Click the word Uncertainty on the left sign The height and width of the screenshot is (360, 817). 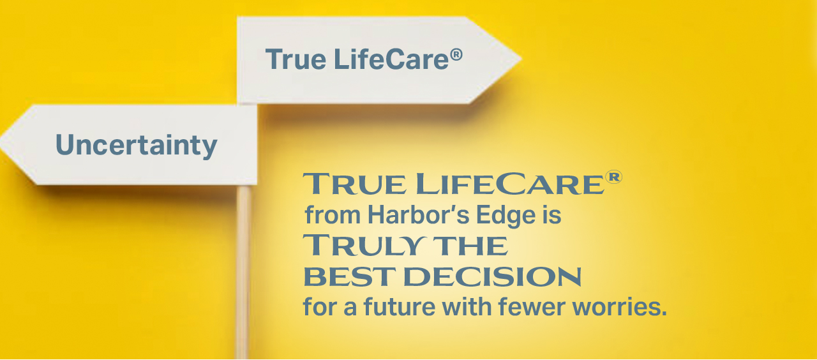pyautogui.click(x=137, y=146)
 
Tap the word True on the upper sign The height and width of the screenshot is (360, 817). pyautogui.click(x=296, y=59)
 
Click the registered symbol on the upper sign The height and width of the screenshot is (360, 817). pyautogui.click(x=456, y=55)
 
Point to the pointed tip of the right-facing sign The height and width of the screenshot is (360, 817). pyautogui.click(x=521, y=58)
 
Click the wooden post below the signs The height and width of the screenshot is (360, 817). pyautogui.click(x=243, y=272)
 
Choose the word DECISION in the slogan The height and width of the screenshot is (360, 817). pyautogui.click(x=492, y=277)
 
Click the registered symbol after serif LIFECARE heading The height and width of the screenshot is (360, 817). pyautogui.click(x=613, y=177)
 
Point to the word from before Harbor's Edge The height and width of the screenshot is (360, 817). pyautogui.click(x=333, y=215)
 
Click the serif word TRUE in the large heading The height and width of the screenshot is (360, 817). pyautogui.click(x=354, y=184)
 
